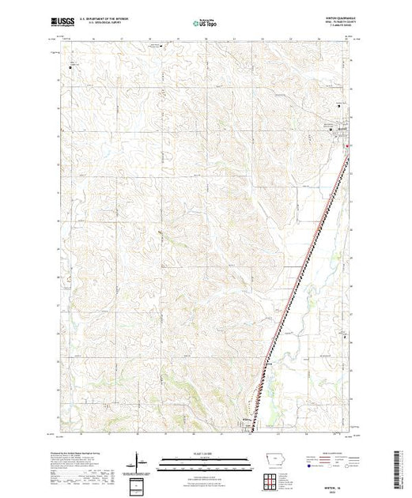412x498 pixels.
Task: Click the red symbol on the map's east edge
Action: point(351,145)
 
